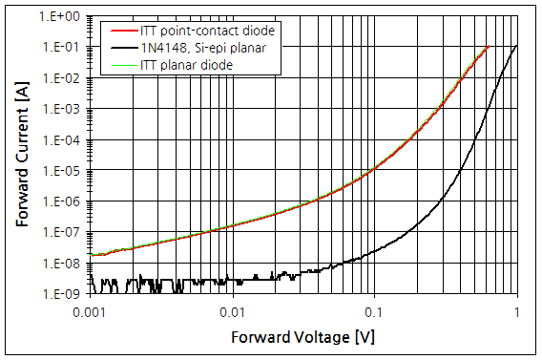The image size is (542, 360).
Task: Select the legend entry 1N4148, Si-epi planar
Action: pos(204,46)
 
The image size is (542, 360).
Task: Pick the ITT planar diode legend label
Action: pos(189,63)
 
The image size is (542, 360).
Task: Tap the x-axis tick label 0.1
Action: pos(374,312)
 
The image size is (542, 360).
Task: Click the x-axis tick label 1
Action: pos(517,312)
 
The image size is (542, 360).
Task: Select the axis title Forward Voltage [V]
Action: pos(302,337)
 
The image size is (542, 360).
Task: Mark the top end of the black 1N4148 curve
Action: pos(517,45)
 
